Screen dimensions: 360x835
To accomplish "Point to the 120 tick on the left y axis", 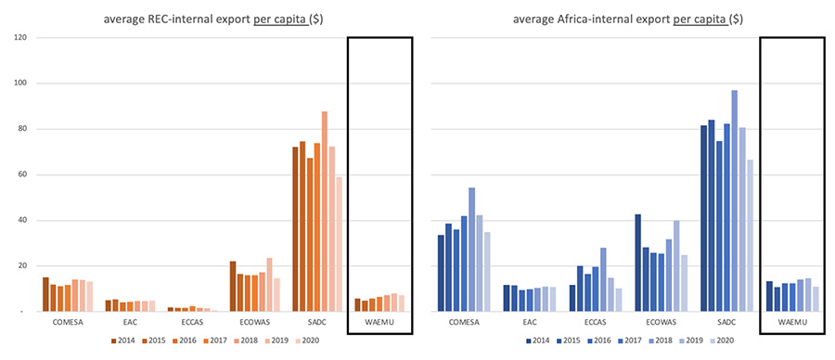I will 19,38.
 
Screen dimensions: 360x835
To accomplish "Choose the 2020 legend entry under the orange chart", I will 308,341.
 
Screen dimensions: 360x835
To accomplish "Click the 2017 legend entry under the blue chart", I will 627,341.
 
